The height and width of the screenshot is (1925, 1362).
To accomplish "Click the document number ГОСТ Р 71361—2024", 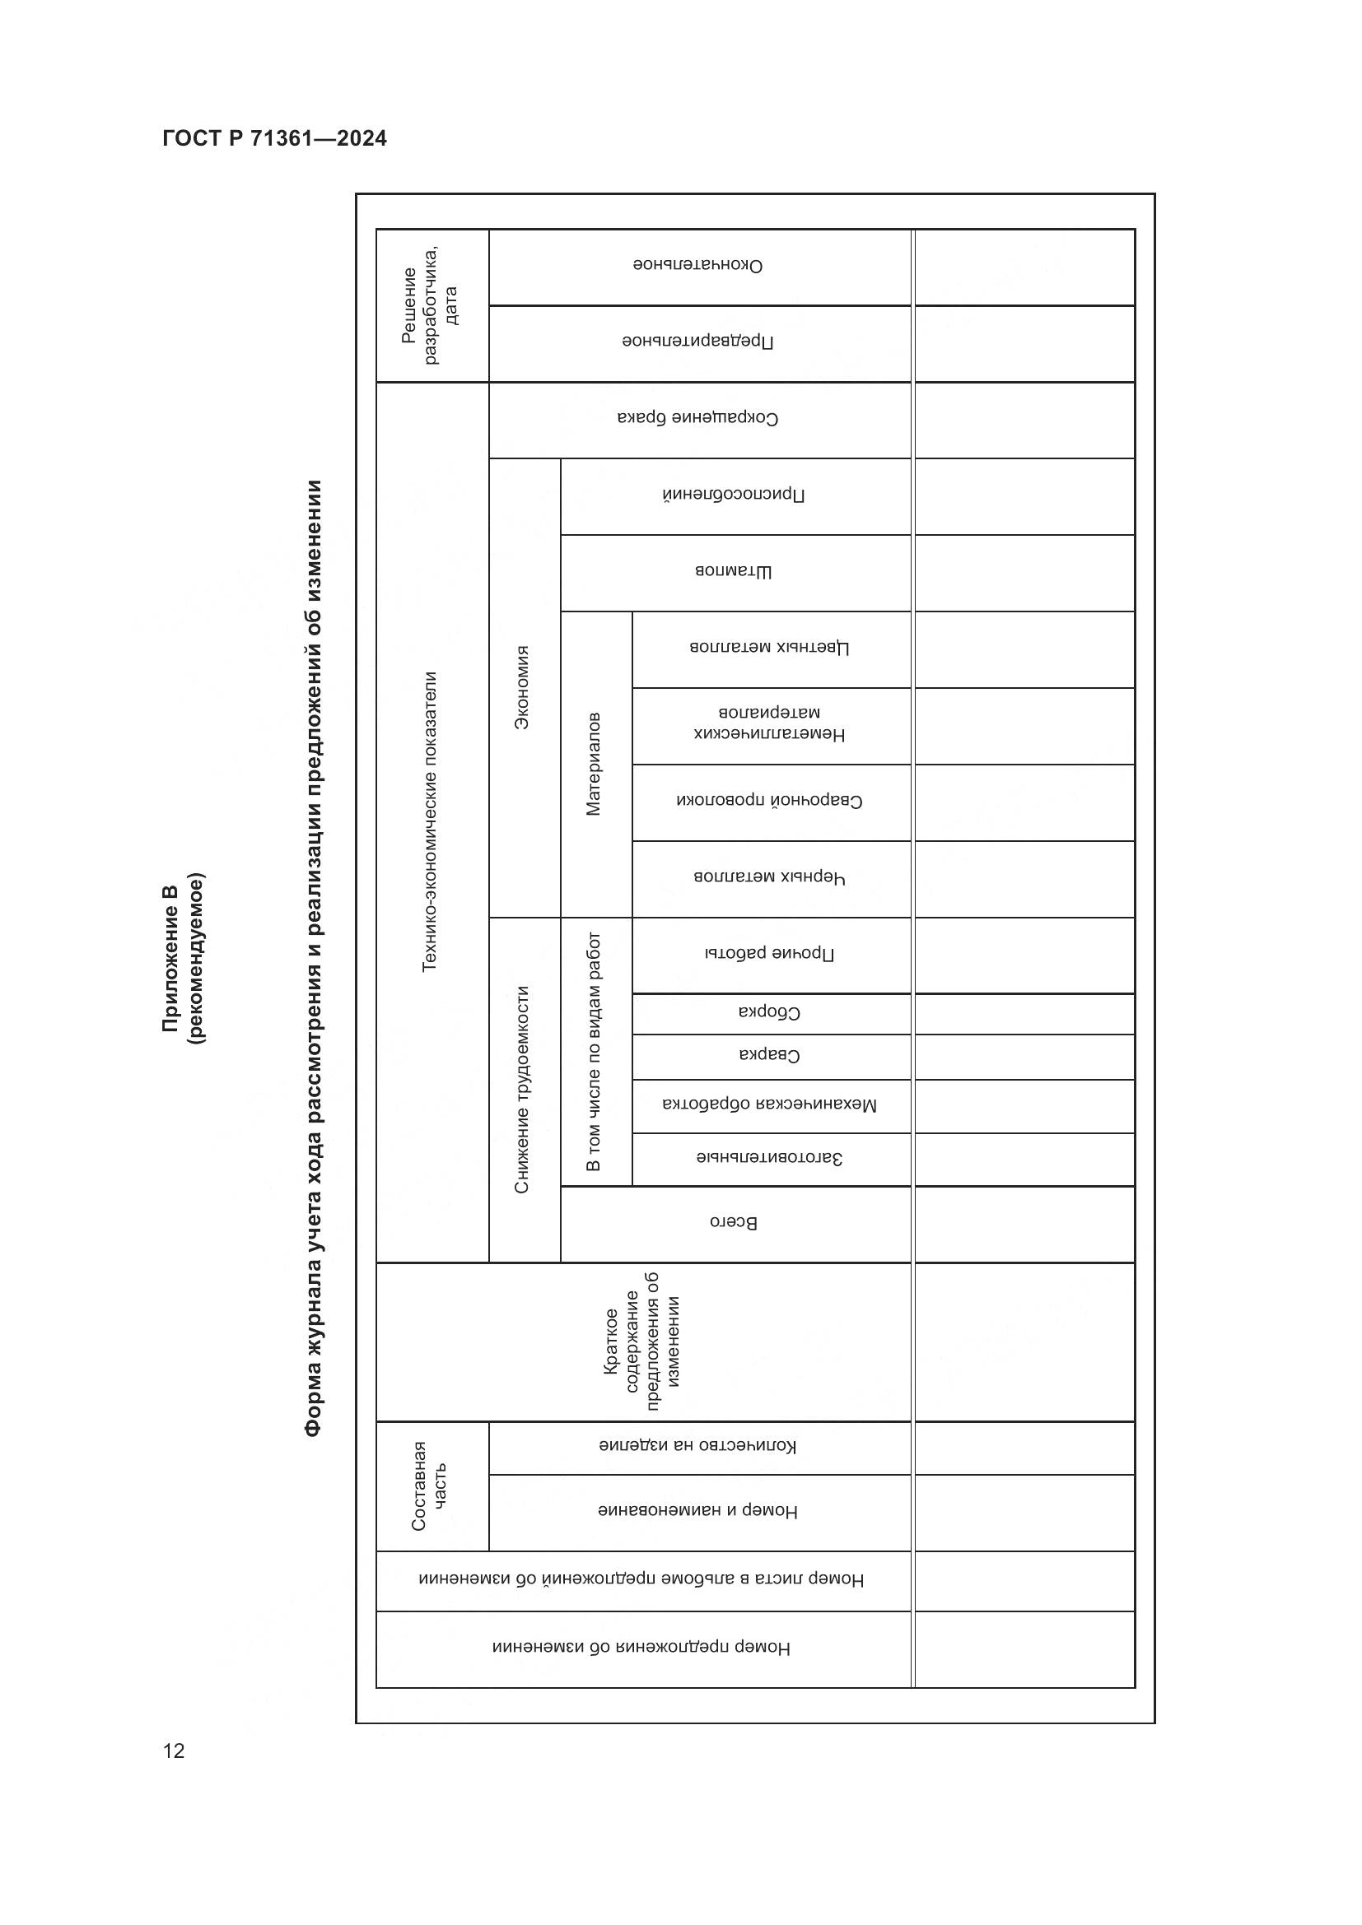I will click(274, 138).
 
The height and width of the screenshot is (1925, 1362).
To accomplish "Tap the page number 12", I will click(174, 1751).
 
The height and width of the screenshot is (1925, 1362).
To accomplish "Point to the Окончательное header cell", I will click(697, 266).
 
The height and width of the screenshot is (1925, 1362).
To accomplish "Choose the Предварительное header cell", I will click(697, 342).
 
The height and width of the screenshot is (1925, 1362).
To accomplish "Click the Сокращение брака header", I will click(697, 417).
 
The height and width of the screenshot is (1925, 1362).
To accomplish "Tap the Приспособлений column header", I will click(734, 495).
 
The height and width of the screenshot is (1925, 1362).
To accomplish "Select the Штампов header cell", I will click(734, 572).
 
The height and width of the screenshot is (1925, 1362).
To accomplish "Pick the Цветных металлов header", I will click(770, 648).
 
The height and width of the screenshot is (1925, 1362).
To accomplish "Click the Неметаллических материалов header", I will click(770, 723).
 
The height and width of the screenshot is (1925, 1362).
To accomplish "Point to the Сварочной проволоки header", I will click(770, 801).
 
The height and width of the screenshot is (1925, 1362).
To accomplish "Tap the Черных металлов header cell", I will click(770, 878).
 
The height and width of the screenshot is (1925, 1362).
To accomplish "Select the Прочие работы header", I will click(770, 954).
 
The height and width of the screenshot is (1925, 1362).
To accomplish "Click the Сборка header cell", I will click(770, 1013).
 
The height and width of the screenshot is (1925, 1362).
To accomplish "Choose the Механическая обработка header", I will click(770, 1105).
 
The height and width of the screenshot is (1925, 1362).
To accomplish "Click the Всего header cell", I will click(734, 1222).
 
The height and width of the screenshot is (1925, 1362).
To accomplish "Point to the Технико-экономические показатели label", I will click(429, 821).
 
